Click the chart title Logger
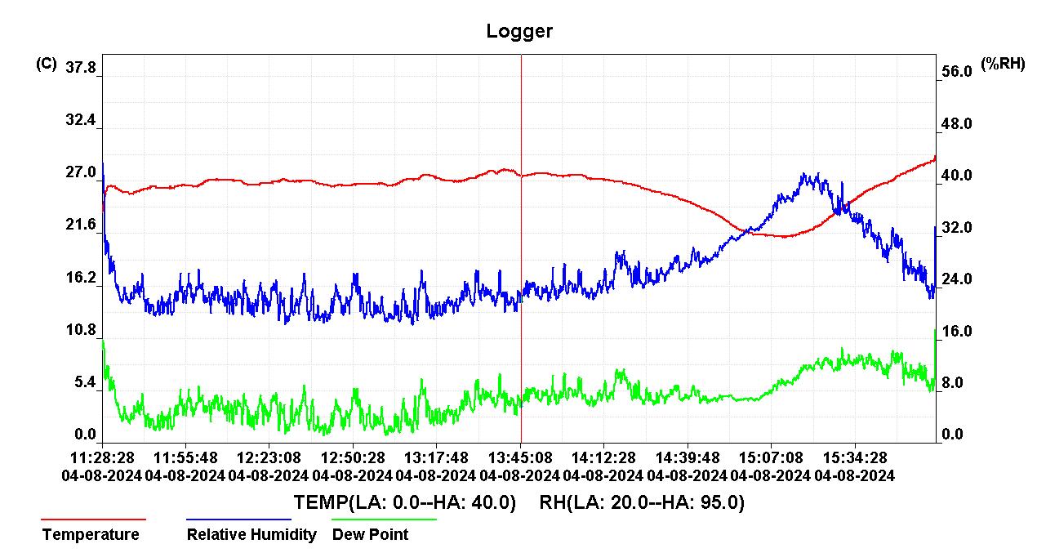(x=519, y=32)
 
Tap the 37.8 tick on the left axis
(x=81, y=68)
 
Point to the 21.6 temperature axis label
(x=81, y=225)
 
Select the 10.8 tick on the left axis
(x=81, y=331)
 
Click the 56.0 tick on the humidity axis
(x=956, y=72)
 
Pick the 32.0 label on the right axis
(x=956, y=228)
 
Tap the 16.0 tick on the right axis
(x=956, y=332)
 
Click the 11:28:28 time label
(x=102, y=457)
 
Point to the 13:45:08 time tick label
(x=520, y=457)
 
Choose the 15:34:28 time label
(x=855, y=457)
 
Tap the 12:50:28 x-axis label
(x=353, y=457)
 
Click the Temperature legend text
(x=91, y=535)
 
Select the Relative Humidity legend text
(x=251, y=535)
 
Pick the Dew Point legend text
(x=370, y=535)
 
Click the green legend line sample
(x=384, y=519)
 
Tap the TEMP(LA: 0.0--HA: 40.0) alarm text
(x=405, y=502)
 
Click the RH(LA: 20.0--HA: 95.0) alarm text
(x=642, y=502)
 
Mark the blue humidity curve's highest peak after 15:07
(x=804, y=173)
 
